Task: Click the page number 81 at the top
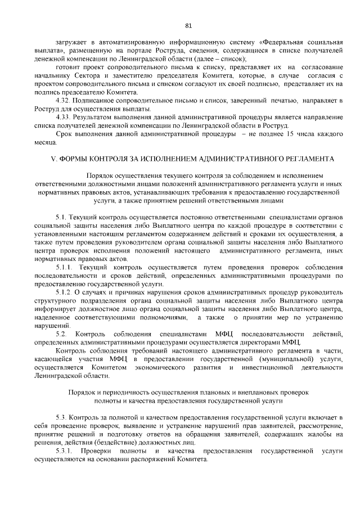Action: click(x=188, y=25)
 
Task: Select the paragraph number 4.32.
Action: click(x=64, y=100)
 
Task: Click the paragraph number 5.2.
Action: click(x=61, y=335)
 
